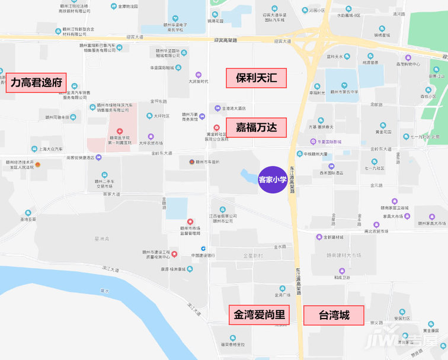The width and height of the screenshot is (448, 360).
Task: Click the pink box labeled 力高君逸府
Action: [36, 82]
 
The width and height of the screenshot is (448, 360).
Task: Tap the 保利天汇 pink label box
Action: [256, 78]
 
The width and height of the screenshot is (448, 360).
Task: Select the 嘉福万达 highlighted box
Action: [256, 127]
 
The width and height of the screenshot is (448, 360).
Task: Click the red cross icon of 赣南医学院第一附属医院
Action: [120, 130]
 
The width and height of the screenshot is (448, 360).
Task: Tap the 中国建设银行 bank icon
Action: [203, 248]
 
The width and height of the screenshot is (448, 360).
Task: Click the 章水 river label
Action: [105, 291]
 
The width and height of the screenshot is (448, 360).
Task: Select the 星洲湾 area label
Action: [102, 239]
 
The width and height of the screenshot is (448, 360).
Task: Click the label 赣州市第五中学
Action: [344, 92]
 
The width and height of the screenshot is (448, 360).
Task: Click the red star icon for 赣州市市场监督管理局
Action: [190, 221]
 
